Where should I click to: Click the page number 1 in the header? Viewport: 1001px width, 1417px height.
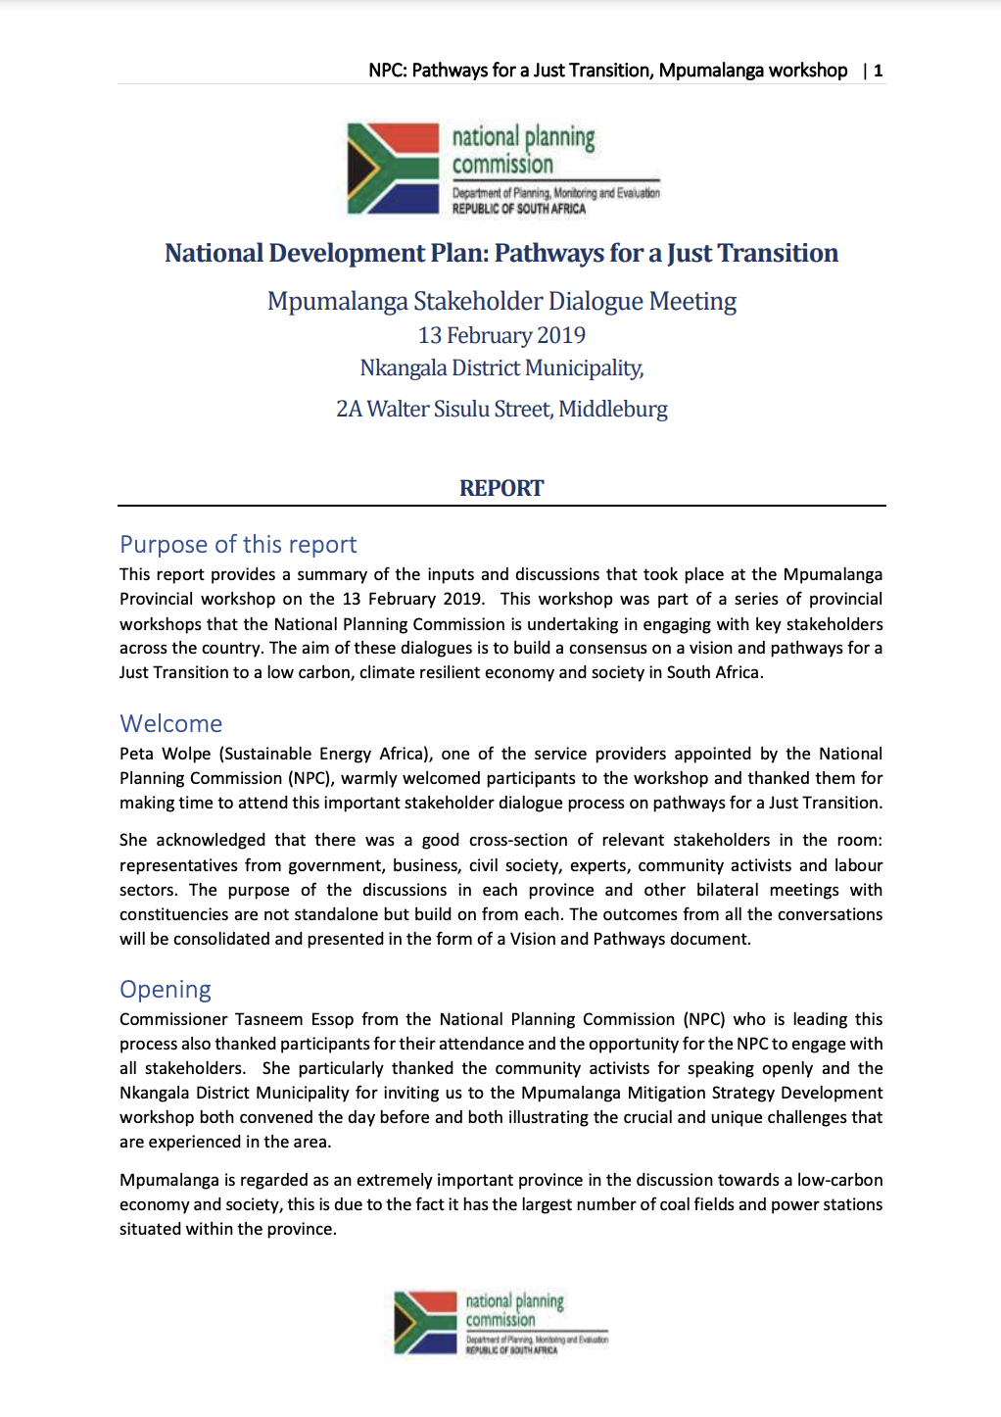point(879,71)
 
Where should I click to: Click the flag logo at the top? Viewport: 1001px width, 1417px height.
point(394,169)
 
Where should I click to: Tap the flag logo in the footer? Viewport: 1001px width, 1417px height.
point(425,1322)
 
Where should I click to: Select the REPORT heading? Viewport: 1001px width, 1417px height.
point(501,488)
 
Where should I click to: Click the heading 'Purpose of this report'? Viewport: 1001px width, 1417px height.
point(238,545)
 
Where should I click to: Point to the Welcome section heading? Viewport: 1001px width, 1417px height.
point(171,724)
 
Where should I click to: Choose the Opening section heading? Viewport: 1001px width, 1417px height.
point(166,990)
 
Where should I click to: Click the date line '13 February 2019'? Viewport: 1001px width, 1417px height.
point(501,335)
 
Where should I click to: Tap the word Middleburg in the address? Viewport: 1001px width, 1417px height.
point(613,409)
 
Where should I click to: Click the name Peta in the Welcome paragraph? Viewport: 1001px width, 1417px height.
point(136,754)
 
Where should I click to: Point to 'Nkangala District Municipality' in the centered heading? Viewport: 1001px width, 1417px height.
point(500,368)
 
